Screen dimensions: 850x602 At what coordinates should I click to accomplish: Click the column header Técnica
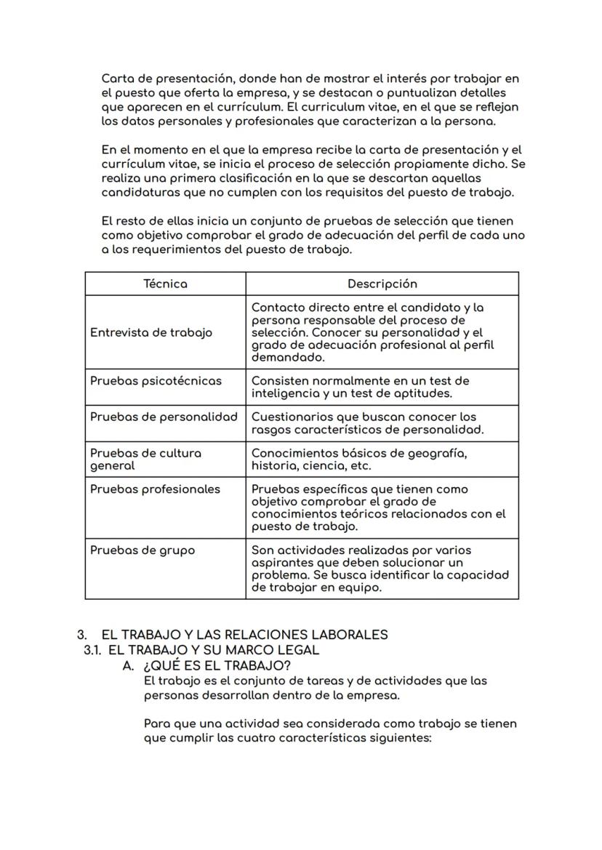165,284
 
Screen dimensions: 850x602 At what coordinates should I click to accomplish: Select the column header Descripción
382,284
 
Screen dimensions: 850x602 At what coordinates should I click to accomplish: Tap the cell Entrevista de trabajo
151,332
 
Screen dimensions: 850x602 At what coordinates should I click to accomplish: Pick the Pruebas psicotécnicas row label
156,380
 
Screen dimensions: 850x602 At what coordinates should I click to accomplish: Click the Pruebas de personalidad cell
164,417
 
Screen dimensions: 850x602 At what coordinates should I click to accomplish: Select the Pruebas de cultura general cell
145,459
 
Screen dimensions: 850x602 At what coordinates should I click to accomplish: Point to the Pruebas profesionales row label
155,489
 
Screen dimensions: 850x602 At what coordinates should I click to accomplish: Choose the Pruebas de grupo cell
143,550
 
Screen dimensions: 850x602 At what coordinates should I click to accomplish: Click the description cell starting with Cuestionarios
367,423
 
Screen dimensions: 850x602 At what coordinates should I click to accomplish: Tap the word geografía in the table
440,453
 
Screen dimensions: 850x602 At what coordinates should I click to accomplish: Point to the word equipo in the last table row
360,588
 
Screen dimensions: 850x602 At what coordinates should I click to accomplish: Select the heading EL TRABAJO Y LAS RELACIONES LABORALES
244,634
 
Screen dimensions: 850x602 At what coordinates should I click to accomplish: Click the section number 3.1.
92,650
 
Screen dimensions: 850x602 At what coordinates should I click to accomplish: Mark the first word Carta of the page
116,79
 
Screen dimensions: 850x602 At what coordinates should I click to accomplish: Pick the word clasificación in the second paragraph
238,178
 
